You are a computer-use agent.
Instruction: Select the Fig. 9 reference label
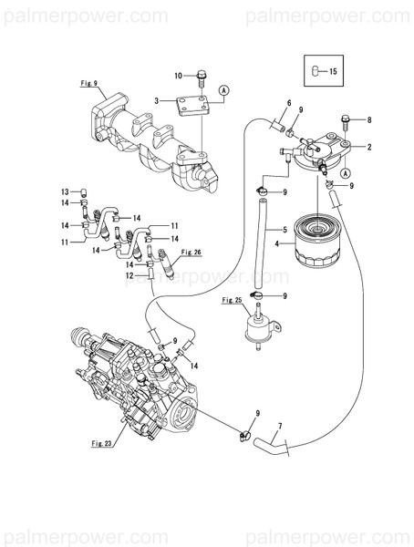click(88, 84)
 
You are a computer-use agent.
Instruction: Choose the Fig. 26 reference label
click(191, 251)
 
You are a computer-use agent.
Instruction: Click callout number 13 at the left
click(65, 191)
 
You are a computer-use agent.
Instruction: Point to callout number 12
click(129, 275)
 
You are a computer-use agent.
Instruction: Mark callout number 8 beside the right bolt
click(368, 119)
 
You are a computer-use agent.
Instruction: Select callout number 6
click(289, 103)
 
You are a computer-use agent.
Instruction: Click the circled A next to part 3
click(223, 90)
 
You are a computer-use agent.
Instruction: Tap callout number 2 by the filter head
click(368, 146)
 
